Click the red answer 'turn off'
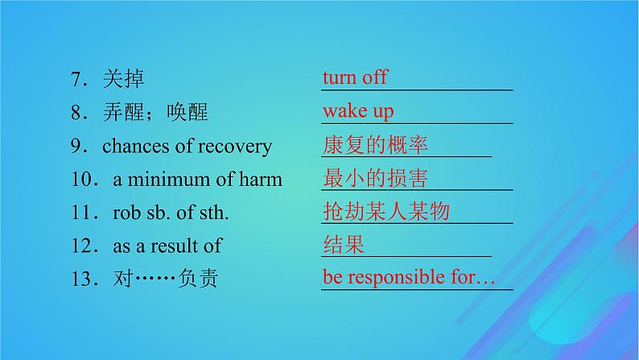[355, 77]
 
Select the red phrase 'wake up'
[358, 111]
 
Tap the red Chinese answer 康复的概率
[374, 145]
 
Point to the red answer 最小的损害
[374, 178]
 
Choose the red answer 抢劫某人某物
[385, 212]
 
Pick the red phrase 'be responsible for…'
[408, 278]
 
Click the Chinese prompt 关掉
[123, 79]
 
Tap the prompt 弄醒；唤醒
[155, 113]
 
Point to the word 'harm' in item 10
[260, 180]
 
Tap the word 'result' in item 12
[182, 246]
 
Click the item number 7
[76, 79]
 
